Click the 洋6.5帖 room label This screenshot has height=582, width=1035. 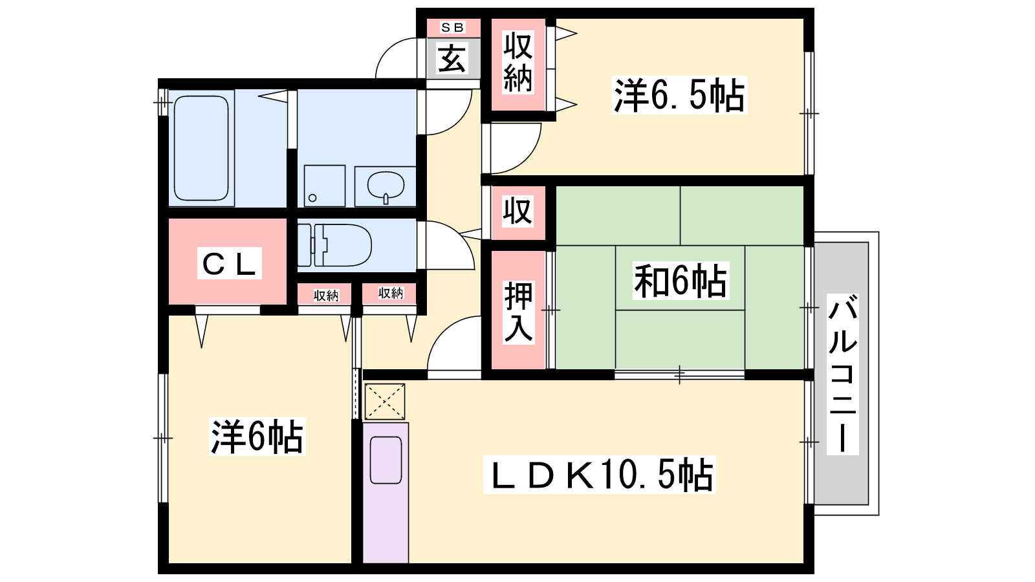point(679,95)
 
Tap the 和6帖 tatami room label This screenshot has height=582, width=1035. point(680,281)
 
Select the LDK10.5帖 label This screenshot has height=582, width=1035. point(599,475)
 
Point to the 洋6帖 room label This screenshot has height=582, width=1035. point(257,436)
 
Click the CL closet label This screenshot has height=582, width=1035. point(229,263)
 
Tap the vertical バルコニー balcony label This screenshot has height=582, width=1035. point(842,374)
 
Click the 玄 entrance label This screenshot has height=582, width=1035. point(452,58)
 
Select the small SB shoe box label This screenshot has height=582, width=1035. point(452,28)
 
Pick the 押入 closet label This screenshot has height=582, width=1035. point(518,312)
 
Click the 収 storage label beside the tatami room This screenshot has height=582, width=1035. point(517,211)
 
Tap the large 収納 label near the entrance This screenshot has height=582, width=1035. point(518,62)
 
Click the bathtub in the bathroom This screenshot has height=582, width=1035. point(201,148)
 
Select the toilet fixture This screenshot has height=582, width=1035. point(334,245)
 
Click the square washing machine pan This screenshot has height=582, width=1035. point(324,186)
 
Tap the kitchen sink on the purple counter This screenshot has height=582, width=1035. point(386,460)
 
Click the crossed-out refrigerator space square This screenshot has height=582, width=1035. point(385,402)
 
